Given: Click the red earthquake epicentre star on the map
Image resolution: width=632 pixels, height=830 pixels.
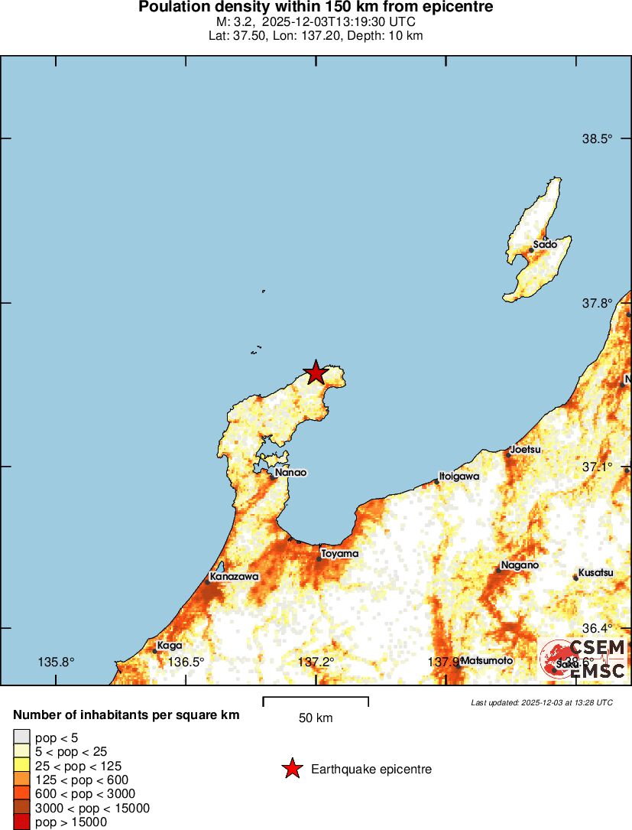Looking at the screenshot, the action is point(316,373).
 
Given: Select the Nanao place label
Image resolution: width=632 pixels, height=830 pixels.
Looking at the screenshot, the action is point(290,473).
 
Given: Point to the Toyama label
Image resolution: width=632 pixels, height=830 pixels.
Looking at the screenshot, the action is point(339,553).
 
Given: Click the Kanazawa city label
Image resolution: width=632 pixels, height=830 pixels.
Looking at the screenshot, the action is point(235,576).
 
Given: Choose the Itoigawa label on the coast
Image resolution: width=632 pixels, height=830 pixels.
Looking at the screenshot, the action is point(459,476).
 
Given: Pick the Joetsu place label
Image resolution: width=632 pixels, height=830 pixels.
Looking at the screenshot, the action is point(526,450).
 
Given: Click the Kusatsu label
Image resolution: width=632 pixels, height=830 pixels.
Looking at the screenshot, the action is point(595,573).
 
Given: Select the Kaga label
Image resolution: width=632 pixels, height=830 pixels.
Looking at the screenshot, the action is point(170,646).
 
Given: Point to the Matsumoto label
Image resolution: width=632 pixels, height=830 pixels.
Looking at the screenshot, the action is point(487,661).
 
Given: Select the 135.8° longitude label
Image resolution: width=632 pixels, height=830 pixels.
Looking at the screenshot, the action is point(56,662).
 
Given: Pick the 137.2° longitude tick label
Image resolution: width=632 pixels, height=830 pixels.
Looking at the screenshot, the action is point(316,662).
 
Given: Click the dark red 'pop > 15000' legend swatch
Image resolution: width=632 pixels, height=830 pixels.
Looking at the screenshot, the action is point(21,822).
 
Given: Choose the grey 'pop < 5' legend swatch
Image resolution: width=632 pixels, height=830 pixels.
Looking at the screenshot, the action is point(21,737).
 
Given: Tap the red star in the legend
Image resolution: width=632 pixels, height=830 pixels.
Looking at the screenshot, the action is point(292,769).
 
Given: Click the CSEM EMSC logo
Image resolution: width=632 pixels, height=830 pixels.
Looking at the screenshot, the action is point(582,659).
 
